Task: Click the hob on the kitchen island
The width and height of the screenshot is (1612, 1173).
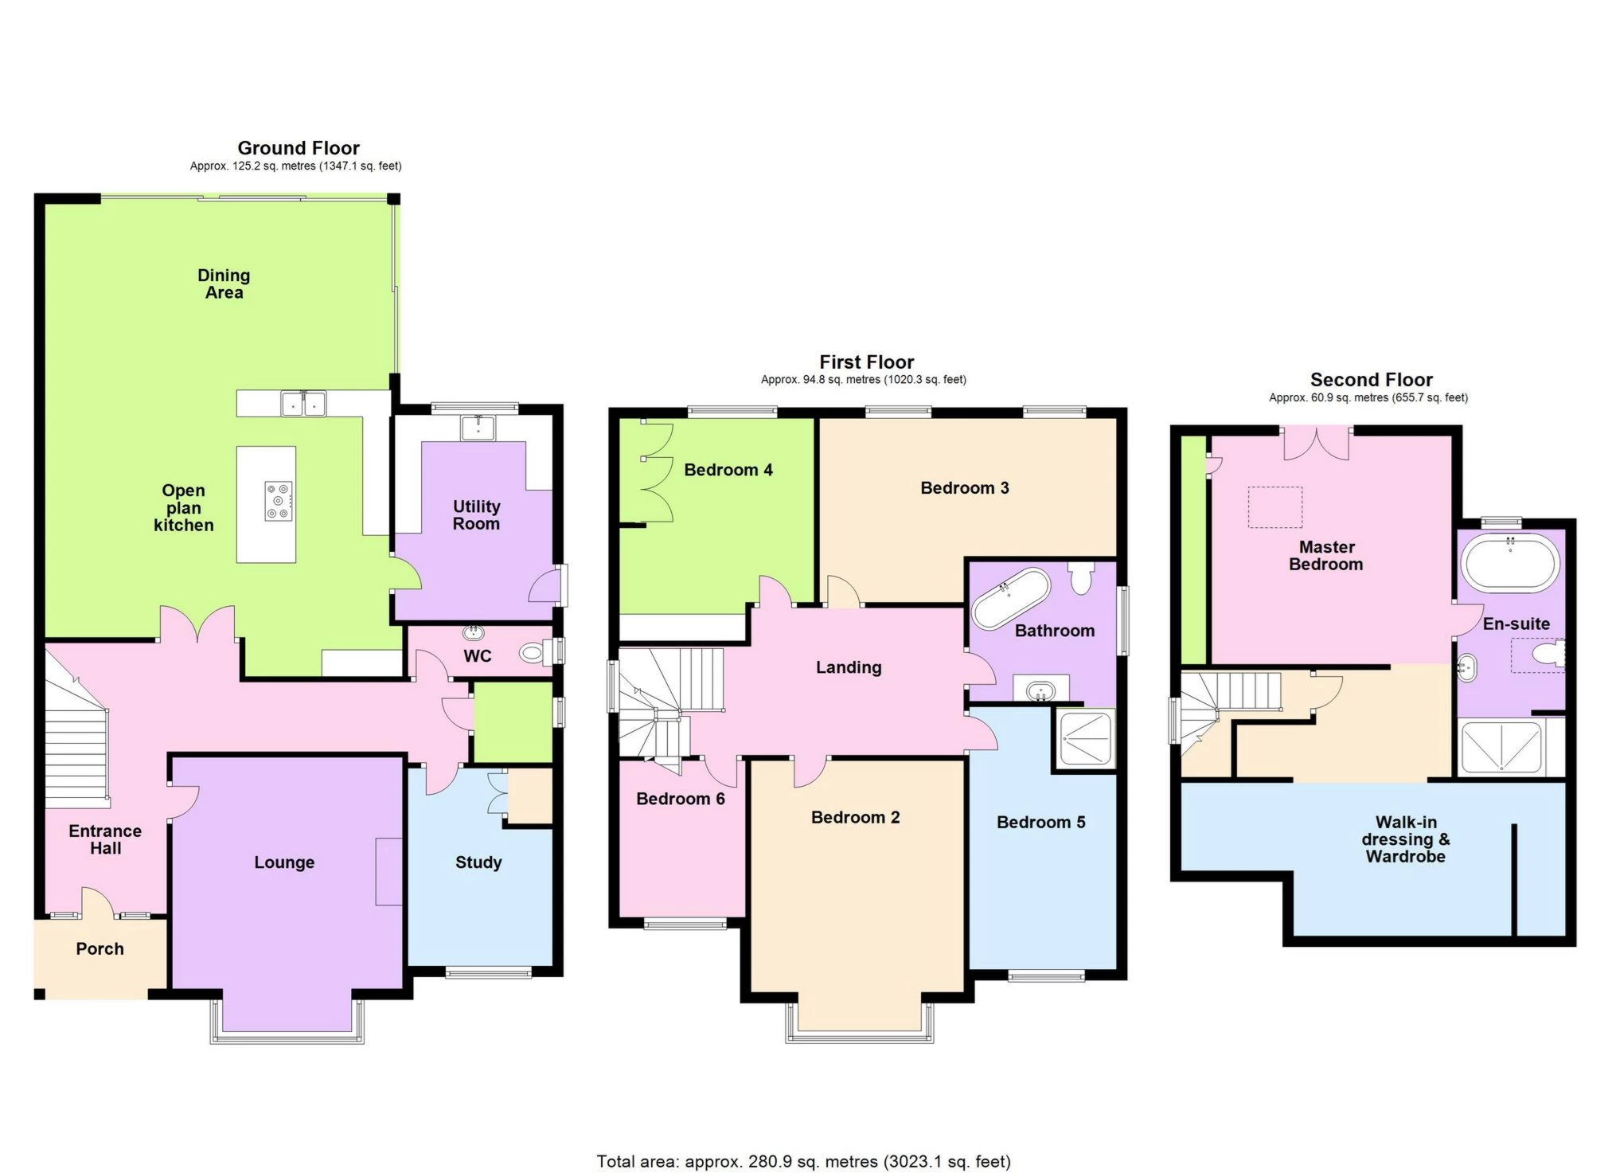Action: point(279,502)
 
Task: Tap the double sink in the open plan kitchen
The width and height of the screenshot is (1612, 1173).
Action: point(303,404)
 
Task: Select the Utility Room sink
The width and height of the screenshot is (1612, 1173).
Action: point(478,428)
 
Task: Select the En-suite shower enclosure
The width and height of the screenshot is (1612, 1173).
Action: point(1502,747)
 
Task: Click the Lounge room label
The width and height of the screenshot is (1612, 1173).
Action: point(284,862)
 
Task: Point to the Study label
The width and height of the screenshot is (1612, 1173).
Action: point(478,862)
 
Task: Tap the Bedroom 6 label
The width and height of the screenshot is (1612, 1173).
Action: point(680,799)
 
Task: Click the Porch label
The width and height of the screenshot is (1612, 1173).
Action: point(100,949)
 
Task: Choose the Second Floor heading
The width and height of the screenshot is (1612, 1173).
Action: point(1371,380)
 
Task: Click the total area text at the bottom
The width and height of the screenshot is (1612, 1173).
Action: point(803,1162)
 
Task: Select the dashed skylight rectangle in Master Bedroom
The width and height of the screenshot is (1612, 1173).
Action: point(1275,507)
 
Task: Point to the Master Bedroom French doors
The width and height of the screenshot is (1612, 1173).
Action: point(1317,444)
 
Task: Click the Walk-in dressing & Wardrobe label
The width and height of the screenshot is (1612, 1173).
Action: point(1405,839)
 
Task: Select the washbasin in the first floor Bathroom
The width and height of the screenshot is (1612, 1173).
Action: point(1040,690)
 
